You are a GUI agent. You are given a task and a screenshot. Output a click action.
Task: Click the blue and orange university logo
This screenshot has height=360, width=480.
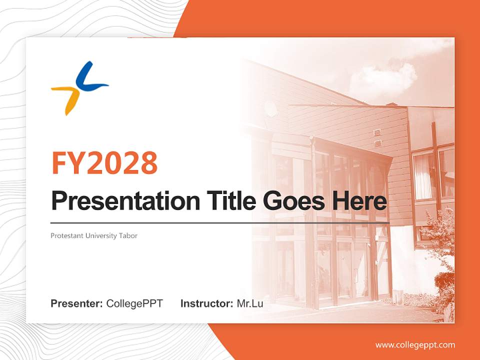coord(79,88)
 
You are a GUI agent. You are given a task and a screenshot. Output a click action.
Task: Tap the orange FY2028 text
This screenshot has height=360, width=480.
coord(104,163)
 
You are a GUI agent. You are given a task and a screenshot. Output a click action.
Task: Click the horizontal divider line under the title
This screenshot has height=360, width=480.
coord(220,222)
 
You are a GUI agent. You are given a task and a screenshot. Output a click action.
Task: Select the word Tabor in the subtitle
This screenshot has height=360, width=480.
coord(128,235)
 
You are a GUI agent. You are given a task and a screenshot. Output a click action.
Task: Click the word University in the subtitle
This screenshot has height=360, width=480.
coord(99,235)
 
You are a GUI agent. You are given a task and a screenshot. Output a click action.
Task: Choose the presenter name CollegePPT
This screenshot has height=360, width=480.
coord(134,303)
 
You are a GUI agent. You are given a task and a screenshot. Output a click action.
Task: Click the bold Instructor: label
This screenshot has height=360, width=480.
coord(206,303)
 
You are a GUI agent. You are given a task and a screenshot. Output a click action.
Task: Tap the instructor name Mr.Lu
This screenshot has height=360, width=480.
coord(250,303)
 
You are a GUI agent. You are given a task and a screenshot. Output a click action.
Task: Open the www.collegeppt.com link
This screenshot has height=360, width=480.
coord(415,345)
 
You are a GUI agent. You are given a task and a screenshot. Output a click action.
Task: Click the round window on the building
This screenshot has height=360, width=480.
coord(270,108)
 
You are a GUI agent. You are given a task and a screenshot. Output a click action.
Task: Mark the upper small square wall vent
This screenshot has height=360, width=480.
coord(377,132)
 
